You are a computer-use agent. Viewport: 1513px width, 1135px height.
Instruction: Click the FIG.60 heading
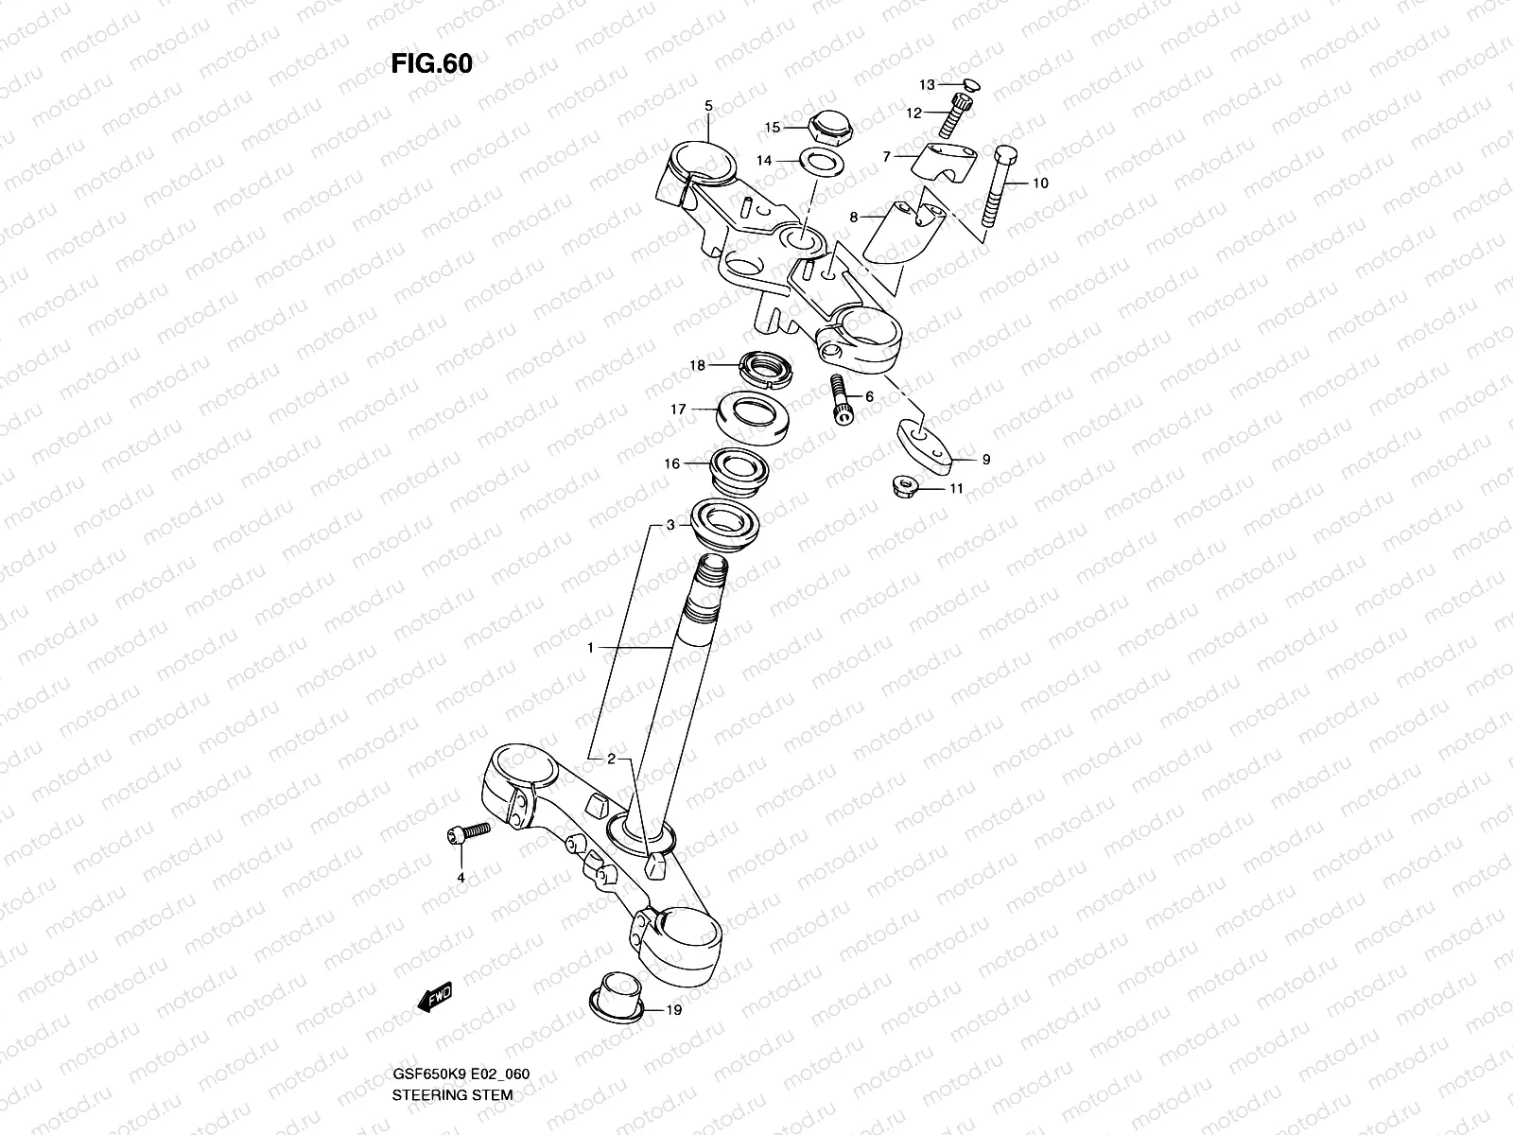(431, 63)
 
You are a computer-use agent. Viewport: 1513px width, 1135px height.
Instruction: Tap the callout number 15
(773, 127)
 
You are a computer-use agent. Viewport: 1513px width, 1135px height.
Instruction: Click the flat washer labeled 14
(823, 162)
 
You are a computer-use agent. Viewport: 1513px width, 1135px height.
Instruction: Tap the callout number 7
(887, 157)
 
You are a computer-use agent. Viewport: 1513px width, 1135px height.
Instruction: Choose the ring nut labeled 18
(767, 369)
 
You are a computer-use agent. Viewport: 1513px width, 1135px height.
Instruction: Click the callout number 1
(590, 648)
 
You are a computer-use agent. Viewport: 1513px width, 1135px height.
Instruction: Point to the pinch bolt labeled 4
(468, 833)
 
